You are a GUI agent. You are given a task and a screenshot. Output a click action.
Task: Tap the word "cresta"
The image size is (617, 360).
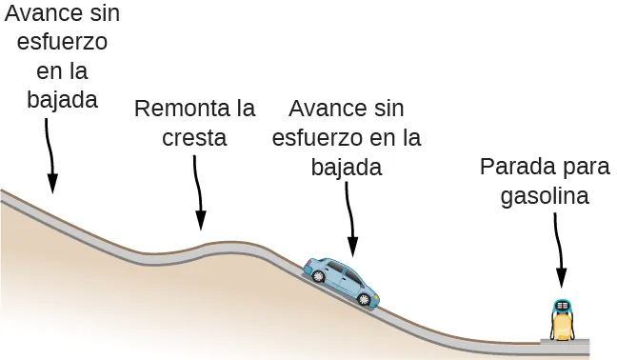tap(195, 137)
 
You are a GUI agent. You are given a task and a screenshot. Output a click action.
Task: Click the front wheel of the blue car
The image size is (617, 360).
tap(364, 299)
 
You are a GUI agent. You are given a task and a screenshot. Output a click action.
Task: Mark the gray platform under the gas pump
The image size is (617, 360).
tap(565, 340)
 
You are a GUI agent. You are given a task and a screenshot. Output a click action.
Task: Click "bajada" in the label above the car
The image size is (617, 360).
tap(346, 168)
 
